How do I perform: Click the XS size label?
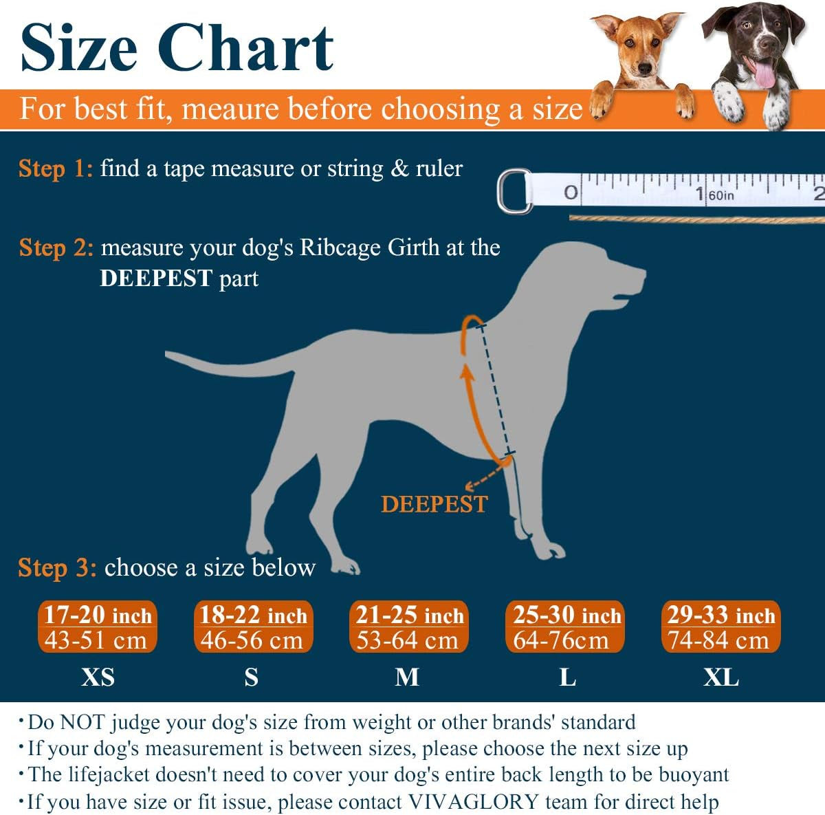point(98,677)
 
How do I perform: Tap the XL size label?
point(720,677)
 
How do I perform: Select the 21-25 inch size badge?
point(409,627)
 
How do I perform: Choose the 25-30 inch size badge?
point(565,627)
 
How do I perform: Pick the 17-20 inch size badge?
point(97,627)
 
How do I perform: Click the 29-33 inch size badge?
point(720,627)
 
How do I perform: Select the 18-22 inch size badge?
point(253,627)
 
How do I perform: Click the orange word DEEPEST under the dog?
point(434,504)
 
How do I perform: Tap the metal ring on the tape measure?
point(514,191)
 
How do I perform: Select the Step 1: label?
point(55,169)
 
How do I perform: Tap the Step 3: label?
point(57,568)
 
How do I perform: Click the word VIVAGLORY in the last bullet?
point(474,802)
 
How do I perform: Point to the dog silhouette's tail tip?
point(169,355)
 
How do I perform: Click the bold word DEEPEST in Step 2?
point(156,279)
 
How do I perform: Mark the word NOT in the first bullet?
point(82,722)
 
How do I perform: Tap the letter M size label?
point(407,677)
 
